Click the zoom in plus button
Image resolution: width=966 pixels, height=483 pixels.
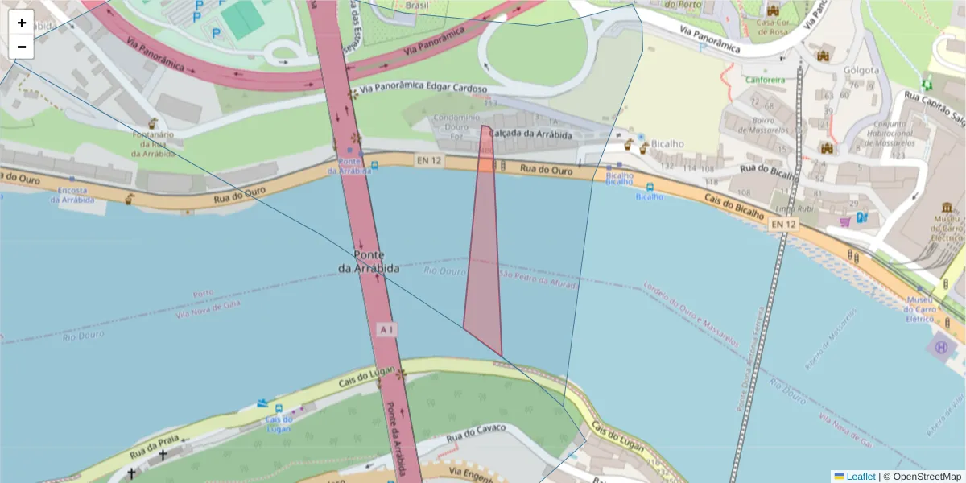pos(22,23)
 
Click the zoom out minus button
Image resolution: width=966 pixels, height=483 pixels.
pos(22,47)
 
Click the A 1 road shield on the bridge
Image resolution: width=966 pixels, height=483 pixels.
pos(387,329)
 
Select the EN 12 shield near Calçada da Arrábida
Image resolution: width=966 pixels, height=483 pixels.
pos(428,160)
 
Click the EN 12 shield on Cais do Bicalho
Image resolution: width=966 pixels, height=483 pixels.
pos(782,224)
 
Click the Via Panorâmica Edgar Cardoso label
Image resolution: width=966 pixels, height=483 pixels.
pos(423,89)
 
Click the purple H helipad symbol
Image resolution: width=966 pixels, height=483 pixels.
pos(941,348)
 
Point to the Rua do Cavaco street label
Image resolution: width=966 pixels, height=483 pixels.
pos(477,433)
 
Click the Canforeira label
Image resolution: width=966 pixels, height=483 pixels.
pos(765,80)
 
